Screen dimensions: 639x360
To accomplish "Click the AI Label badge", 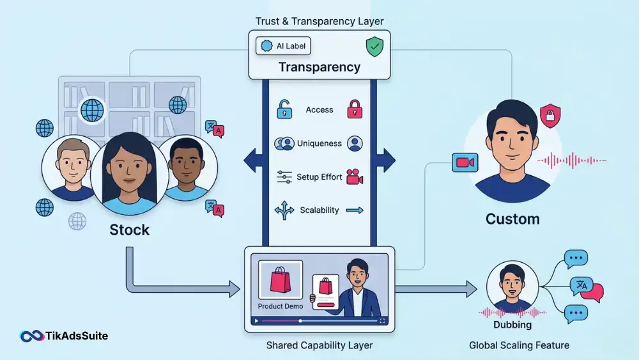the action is point(283,46).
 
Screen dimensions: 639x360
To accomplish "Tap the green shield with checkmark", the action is point(374,47).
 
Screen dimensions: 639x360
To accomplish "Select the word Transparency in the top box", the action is point(319,67).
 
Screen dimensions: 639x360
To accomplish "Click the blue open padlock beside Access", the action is point(284,109).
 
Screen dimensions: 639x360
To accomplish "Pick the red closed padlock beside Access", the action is point(355,109).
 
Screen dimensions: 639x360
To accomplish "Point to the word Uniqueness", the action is point(319,143).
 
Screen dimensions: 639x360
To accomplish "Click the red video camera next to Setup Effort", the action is point(355,177).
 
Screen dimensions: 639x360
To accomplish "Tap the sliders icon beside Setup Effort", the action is point(284,177).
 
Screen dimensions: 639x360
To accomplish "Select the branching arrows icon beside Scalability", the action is point(284,210).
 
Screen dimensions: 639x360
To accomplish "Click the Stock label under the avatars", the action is point(130,230).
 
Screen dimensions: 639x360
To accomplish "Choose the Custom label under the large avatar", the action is point(512,219).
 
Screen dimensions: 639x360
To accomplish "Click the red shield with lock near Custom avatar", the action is point(550,116).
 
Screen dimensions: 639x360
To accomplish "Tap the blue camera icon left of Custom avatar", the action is point(465,162).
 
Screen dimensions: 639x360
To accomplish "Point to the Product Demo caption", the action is point(281,306).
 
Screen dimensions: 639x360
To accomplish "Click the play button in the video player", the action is point(256,321).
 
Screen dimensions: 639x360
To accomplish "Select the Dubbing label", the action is point(512,325).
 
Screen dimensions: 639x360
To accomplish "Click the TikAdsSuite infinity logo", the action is point(32,336).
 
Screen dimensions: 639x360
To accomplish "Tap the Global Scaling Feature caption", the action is point(519,345).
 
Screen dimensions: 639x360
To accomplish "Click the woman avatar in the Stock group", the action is point(130,173).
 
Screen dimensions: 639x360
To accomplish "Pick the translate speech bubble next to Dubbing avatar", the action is point(587,288).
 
